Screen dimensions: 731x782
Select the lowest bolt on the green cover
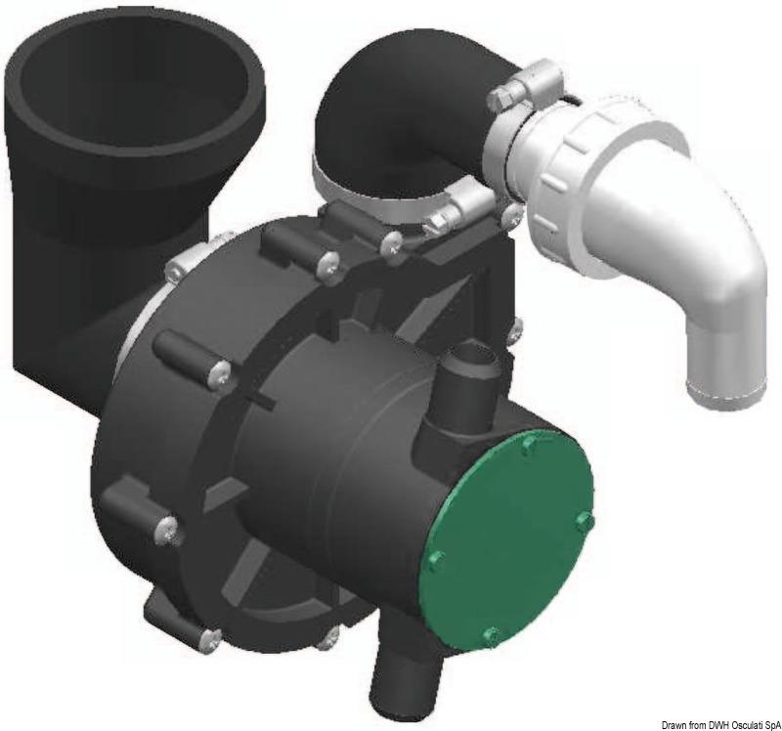491,636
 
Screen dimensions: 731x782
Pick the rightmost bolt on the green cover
585,522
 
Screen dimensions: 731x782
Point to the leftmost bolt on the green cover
436,561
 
